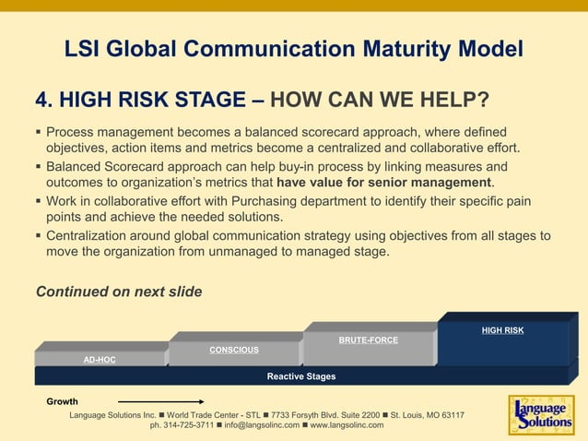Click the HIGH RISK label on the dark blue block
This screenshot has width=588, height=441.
pos(502,330)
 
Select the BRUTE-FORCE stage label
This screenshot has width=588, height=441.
pos(369,340)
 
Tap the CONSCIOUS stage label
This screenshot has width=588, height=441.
pos(234,350)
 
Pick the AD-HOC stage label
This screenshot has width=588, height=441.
pos(100,360)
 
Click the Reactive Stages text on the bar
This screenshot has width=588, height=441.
pos(301,376)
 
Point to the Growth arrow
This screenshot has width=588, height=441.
pos(161,402)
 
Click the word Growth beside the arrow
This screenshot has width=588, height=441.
pos(63,402)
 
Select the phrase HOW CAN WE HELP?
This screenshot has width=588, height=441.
pos(382,100)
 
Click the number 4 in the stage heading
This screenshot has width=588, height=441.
pos(41,100)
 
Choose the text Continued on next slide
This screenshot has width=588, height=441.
pos(119,292)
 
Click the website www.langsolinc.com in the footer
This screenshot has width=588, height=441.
pos(347,425)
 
